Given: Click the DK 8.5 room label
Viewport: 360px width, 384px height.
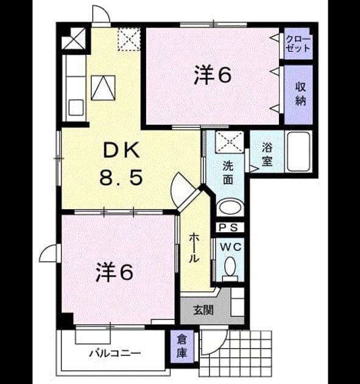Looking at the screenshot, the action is pyautogui.click(x=121, y=163).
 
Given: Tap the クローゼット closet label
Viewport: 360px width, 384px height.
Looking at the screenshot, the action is pyautogui.click(x=298, y=44).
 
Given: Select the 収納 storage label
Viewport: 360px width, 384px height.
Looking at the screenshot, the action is pyautogui.click(x=300, y=94).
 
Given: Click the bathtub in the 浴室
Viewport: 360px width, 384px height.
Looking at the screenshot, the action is pyautogui.click(x=298, y=152).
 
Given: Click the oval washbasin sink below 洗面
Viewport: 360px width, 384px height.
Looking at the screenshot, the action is pyautogui.click(x=230, y=208).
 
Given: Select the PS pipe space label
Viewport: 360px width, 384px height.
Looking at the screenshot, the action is pyautogui.click(x=228, y=227).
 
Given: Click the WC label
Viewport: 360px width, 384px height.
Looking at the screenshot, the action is pyautogui.click(x=230, y=247).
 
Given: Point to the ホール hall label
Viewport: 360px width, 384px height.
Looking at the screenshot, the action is pyautogui.click(x=194, y=248).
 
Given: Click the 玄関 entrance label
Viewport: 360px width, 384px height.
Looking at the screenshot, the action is pyautogui.click(x=203, y=310).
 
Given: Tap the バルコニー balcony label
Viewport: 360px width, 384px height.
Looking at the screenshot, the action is pyautogui.click(x=115, y=354).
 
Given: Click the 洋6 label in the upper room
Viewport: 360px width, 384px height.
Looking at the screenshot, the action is pyautogui.click(x=213, y=75).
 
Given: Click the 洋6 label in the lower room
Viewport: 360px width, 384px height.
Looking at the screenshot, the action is pyautogui.click(x=115, y=272).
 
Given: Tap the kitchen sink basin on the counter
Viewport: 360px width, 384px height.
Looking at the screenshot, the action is pyautogui.click(x=76, y=107).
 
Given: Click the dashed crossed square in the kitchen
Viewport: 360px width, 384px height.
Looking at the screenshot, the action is pyautogui.click(x=129, y=39).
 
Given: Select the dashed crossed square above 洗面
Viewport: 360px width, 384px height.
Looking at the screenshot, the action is pyautogui.click(x=230, y=142).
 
